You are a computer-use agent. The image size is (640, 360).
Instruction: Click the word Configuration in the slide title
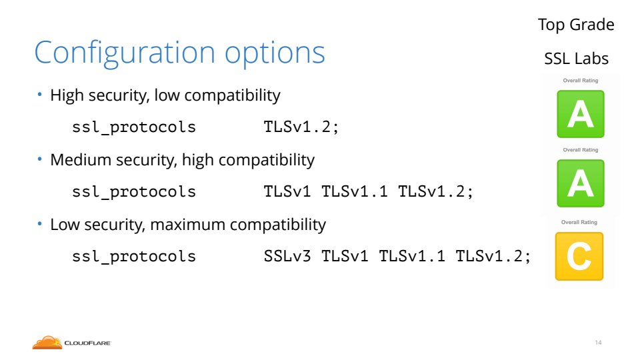125,53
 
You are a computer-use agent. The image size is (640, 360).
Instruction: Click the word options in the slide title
275,54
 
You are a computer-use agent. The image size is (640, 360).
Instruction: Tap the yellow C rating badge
579,256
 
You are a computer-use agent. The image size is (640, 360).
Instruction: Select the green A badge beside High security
581,114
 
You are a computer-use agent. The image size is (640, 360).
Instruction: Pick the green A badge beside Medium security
581,183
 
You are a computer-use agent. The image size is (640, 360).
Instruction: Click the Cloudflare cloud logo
47,343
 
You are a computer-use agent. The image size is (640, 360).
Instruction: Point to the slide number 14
599,343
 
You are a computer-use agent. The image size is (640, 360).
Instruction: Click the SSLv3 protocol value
287,256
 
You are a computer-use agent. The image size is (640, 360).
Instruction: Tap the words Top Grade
576,25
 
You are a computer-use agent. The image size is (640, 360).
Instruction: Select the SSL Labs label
576,59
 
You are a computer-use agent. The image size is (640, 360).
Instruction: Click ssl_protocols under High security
134,127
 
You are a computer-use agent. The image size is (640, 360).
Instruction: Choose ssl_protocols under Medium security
134,192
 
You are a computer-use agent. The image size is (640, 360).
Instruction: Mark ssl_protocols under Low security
134,257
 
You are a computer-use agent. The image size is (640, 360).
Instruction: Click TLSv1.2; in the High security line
301,127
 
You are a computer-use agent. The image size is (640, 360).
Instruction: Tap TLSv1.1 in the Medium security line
354,191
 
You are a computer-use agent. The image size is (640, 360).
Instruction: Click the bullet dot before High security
39,95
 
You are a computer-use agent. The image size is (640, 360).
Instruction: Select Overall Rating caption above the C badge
579,222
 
